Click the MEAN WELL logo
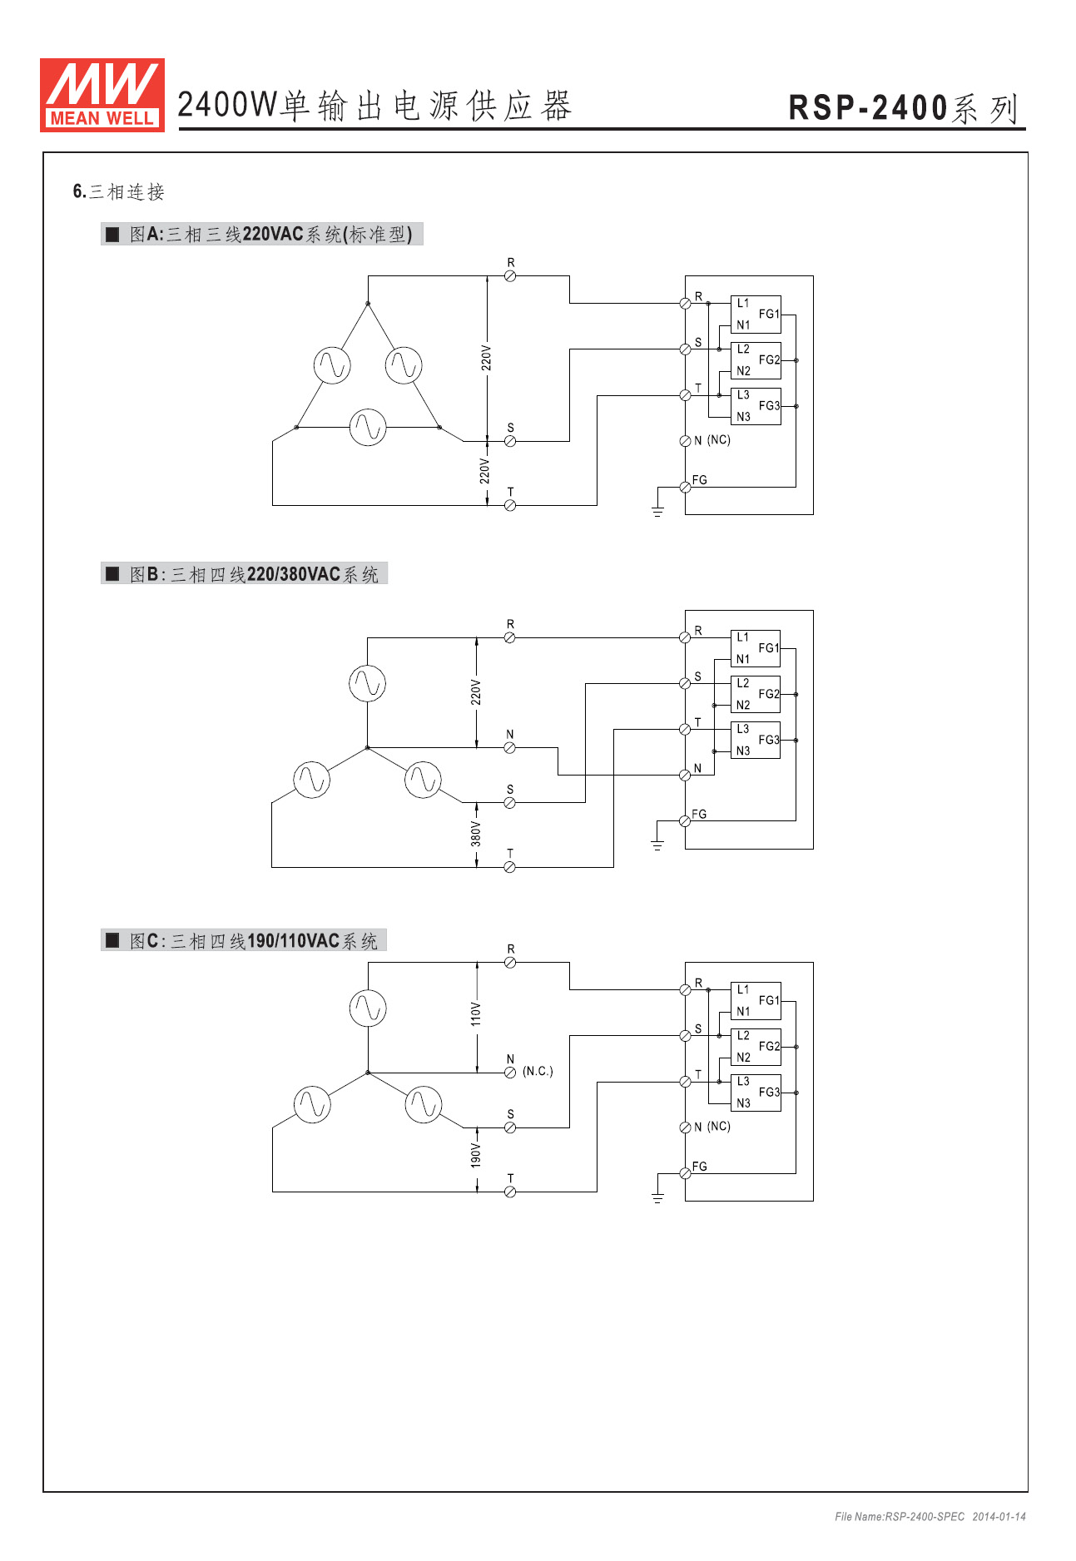coord(102,95)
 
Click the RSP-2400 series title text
coord(903,108)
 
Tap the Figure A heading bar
coord(261,235)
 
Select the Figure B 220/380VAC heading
coord(245,574)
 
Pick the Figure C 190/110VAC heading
coord(244,941)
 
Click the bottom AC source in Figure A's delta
coord(368,427)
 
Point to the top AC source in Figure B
coord(367,683)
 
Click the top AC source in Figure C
coord(368,1008)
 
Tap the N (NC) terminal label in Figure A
coord(712,440)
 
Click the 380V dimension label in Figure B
coord(476,834)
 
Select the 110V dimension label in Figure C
coord(476,1013)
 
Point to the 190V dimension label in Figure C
coord(476,1155)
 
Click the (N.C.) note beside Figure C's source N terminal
coord(538,1071)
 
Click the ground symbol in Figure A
coord(657,511)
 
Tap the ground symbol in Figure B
coord(657,845)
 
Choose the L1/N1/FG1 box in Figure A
coord(756,315)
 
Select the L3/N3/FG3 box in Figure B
coord(756,740)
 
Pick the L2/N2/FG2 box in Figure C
coord(756,1047)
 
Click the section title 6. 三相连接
coord(119,192)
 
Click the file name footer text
coord(930,1517)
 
